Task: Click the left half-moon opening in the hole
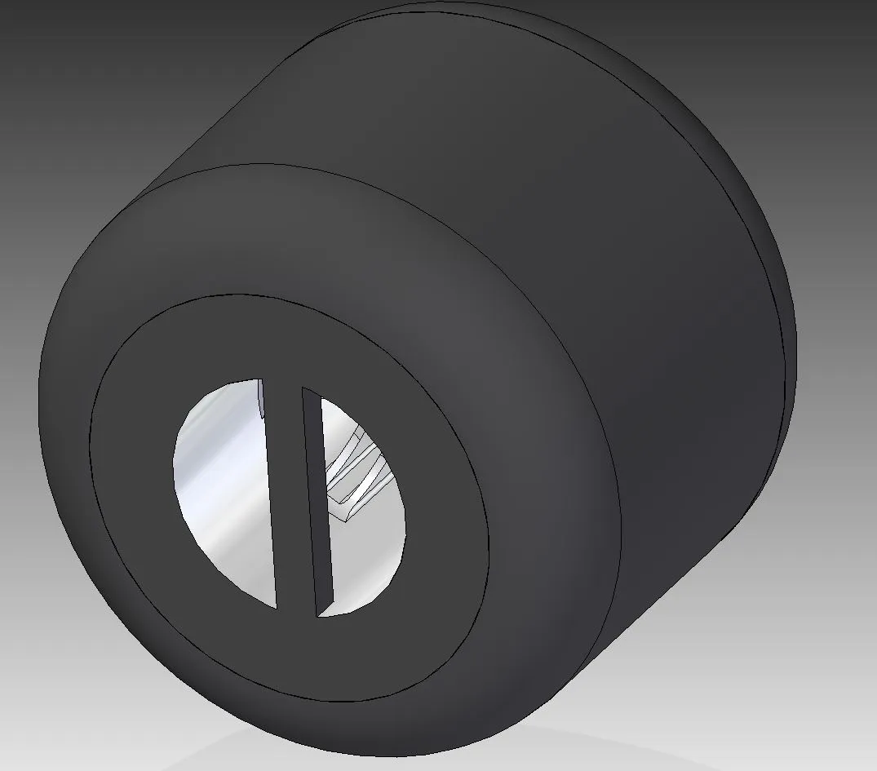coord(224,490)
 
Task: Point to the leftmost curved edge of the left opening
coord(174,465)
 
